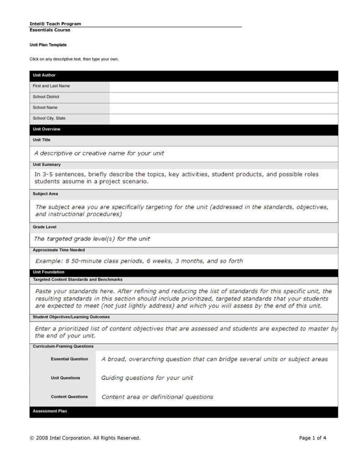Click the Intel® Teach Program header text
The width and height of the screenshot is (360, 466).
click(x=55, y=24)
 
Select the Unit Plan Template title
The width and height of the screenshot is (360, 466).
click(x=48, y=45)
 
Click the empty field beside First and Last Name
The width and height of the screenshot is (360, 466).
click(x=223, y=86)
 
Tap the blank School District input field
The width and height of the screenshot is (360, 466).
click(x=223, y=97)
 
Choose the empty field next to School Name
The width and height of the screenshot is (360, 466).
click(x=223, y=108)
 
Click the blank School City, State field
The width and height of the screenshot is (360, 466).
click(x=223, y=119)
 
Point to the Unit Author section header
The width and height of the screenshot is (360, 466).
click(x=44, y=75)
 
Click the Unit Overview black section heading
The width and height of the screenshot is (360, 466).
click(x=46, y=129)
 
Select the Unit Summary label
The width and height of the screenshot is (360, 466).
click(x=46, y=165)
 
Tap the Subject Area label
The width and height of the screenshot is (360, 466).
click(x=45, y=194)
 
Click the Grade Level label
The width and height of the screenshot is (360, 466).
click(x=44, y=227)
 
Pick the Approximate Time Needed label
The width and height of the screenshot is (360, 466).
click(x=59, y=250)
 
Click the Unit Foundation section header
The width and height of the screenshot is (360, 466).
click(x=48, y=272)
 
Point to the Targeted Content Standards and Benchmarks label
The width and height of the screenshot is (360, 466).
click(x=77, y=280)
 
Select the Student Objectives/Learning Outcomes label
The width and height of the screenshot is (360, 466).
click(x=71, y=317)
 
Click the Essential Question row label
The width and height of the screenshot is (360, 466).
click(x=69, y=359)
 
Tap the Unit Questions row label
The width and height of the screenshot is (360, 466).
click(x=65, y=378)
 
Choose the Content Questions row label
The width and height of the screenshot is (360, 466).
click(x=69, y=397)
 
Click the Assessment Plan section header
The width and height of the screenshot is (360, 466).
click(x=50, y=411)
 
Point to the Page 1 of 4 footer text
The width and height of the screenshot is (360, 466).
click(x=313, y=438)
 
